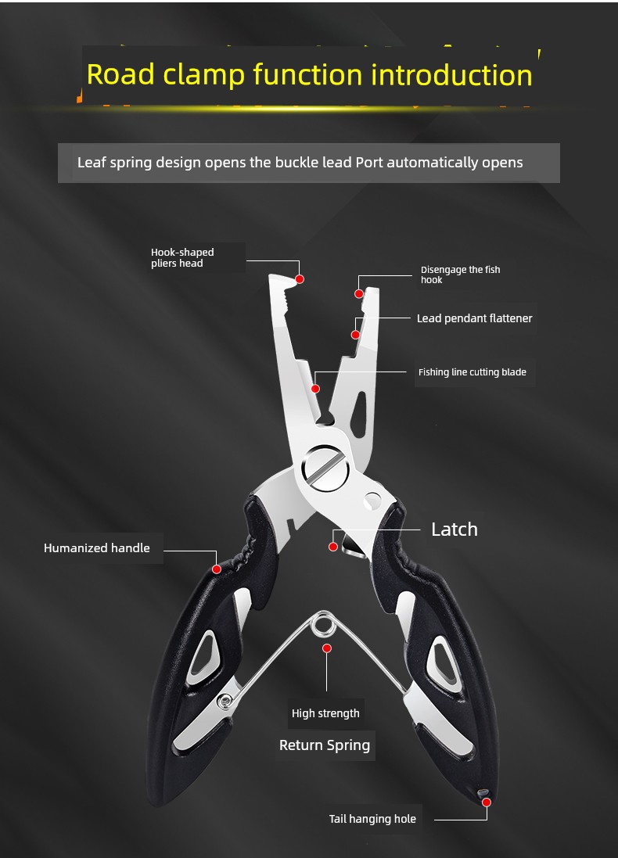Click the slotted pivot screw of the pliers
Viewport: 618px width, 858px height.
click(x=326, y=468)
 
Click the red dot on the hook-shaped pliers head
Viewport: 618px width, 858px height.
click(x=300, y=279)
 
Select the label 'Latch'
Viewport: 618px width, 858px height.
click(x=455, y=530)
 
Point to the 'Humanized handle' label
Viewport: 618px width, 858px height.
click(x=97, y=547)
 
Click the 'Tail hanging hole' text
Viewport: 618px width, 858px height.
click(x=372, y=819)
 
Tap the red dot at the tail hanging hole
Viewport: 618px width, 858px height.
click(x=486, y=802)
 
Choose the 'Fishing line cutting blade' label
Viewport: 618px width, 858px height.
click(x=472, y=372)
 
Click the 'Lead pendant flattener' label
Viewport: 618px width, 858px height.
click(x=475, y=318)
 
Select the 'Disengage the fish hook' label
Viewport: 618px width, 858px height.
click(x=460, y=275)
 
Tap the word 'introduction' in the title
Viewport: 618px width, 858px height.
click(x=451, y=75)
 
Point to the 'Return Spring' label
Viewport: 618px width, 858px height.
click(x=325, y=745)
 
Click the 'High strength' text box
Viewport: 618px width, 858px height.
click(x=325, y=713)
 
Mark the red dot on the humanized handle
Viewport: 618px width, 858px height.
click(x=217, y=569)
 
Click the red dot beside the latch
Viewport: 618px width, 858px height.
click(x=332, y=547)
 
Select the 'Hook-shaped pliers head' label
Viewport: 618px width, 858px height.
click(x=182, y=258)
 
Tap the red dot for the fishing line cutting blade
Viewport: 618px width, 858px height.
click(x=315, y=389)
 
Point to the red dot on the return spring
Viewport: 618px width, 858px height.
click(x=327, y=648)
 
